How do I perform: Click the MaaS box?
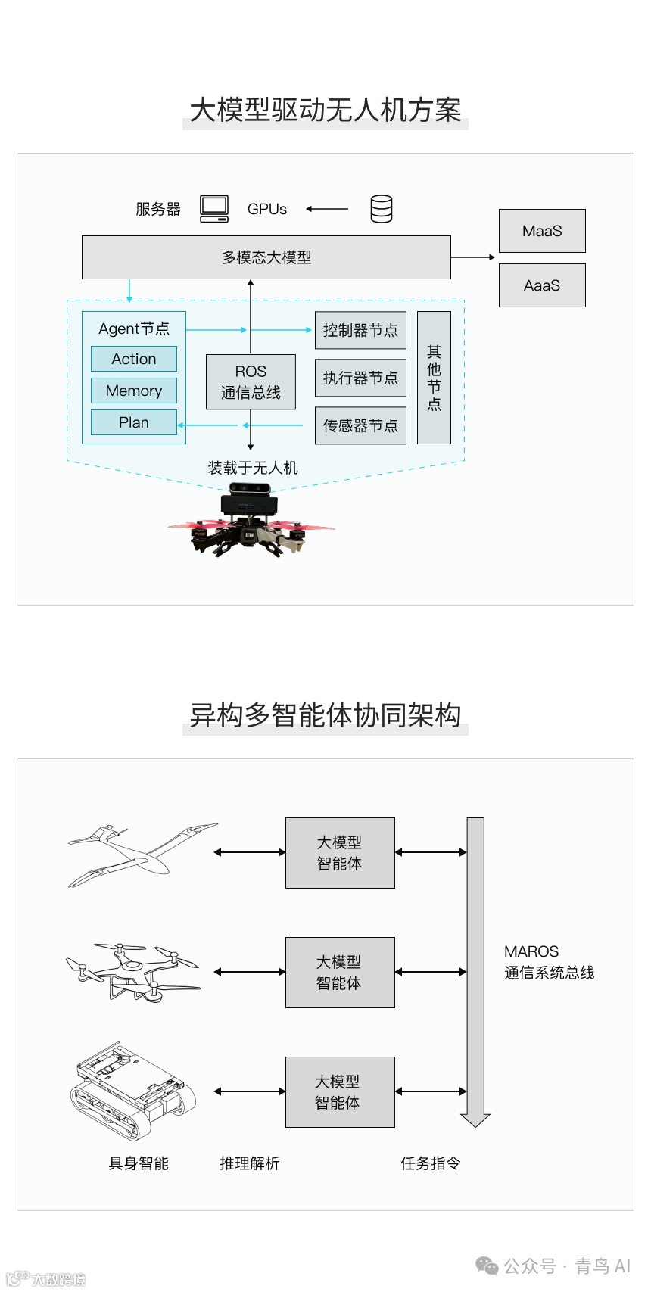(x=542, y=231)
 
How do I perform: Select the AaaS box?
(x=542, y=285)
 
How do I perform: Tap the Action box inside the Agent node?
(x=134, y=359)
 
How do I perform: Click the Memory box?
(x=134, y=391)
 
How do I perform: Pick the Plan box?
(x=134, y=422)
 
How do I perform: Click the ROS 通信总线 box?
(x=251, y=381)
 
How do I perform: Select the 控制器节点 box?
(x=360, y=330)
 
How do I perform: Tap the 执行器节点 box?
(x=360, y=378)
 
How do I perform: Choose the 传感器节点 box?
(x=360, y=425)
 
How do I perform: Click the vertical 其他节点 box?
(x=434, y=377)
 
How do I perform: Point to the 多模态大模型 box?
(x=266, y=257)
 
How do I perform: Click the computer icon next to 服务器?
(x=214, y=208)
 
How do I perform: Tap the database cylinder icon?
(x=382, y=209)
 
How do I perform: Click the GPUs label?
(x=267, y=209)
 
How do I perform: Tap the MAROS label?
(x=531, y=951)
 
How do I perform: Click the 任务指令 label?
(x=431, y=1163)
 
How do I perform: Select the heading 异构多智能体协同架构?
(x=325, y=715)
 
